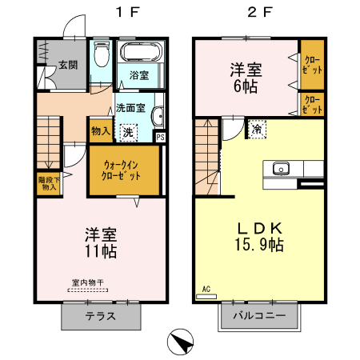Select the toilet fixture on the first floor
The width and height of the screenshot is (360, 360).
click(x=101, y=58)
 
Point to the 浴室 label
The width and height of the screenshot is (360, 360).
click(x=139, y=76)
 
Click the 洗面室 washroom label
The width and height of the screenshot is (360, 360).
click(x=130, y=107)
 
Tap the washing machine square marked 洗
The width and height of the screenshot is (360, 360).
click(x=127, y=131)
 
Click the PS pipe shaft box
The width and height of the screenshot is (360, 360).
click(x=161, y=137)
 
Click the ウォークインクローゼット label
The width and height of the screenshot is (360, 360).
click(x=122, y=170)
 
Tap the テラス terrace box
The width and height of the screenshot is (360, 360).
click(x=101, y=315)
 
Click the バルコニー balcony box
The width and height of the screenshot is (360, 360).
click(x=259, y=315)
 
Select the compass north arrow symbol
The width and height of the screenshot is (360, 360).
click(x=182, y=342)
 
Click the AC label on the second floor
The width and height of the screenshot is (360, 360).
click(x=206, y=288)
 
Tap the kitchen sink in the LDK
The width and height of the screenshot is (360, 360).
click(x=281, y=169)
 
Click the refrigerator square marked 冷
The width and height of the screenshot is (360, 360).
click(x=257, y=129)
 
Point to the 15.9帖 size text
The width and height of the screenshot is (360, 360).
click(x=258, y=246)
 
